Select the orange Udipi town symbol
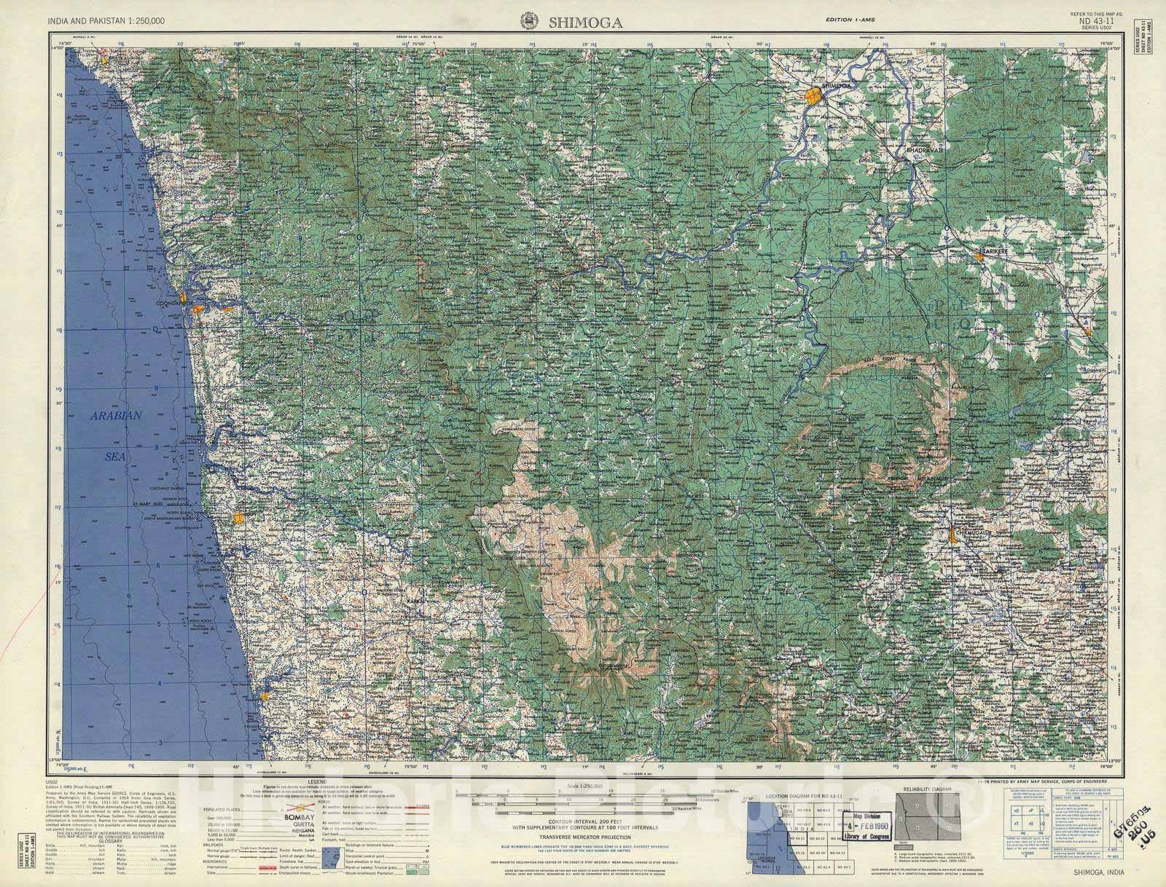coord(238,519)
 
